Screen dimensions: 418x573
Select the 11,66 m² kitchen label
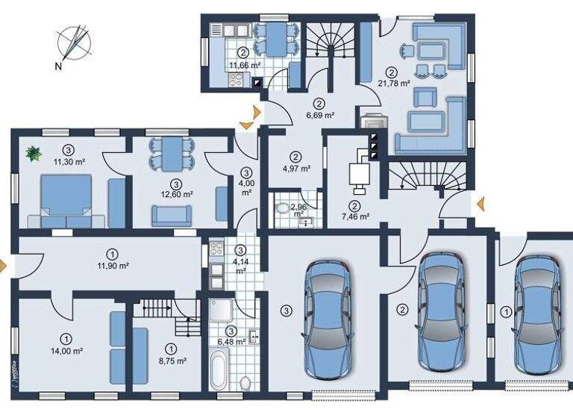point(244,65)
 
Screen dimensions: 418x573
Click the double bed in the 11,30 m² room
point(66,201)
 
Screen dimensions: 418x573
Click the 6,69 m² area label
point(319,116)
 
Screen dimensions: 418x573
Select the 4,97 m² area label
point(296,167)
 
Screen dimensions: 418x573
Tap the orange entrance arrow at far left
point(4,264)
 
